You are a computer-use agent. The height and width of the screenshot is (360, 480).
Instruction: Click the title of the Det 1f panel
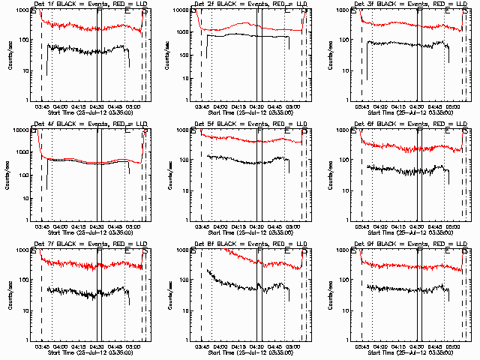(x=89, y=4)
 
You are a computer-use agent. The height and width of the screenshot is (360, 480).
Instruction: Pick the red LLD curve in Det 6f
(x=405, y=148)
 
